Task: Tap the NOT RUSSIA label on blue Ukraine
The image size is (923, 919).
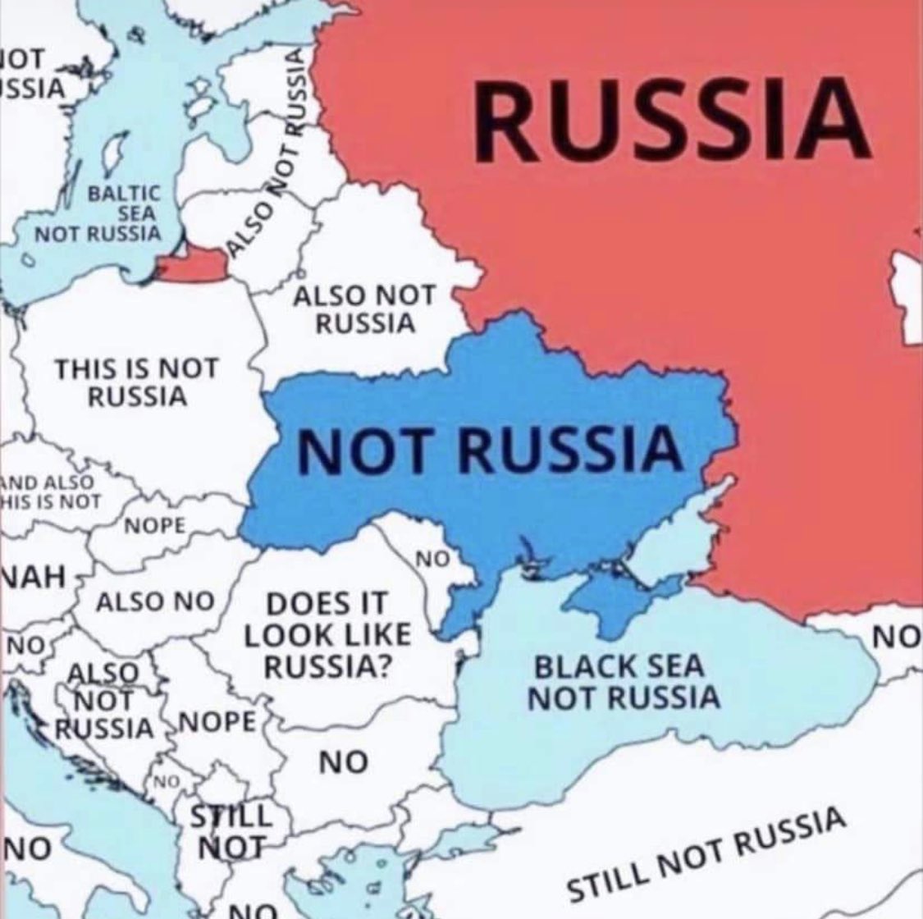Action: click(x=489, y=450)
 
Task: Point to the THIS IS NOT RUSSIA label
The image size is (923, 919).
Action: click(x=136, y=382)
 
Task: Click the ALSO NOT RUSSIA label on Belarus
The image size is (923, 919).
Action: click(x=366, y=309)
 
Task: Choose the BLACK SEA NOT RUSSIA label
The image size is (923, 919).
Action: click(x=623, y=682)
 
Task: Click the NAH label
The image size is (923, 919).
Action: click(x=33, y=574)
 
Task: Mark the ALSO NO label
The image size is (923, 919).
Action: click(x=155, y=601)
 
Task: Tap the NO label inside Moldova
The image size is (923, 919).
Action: click(x=432, y=560)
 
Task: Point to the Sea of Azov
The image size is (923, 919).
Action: click(x=669, y=546)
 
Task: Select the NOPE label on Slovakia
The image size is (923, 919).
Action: click(x=155, y=526)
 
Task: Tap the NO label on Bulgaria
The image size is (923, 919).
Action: click(x=343, y=763)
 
